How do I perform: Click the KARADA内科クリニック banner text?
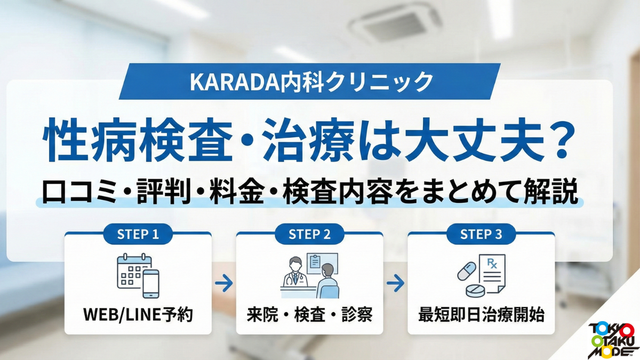click(x=311, y=82)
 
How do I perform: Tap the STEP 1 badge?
click(x=138, y=234)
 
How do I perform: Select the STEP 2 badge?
click(x=309, y=234)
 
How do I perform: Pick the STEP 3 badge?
click(x=481, y=234)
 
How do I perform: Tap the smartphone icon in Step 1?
click(x=151, y=284)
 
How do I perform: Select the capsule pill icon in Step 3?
click(x=467, y=271)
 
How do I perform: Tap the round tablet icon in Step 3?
click(x=475, y=291)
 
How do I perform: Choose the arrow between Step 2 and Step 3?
click(x=395, y=283)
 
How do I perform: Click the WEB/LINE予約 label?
click(x=138, y=315)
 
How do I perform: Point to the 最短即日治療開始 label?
click(x=481, y=315)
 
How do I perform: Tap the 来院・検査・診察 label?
click(x=310, y=315)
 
